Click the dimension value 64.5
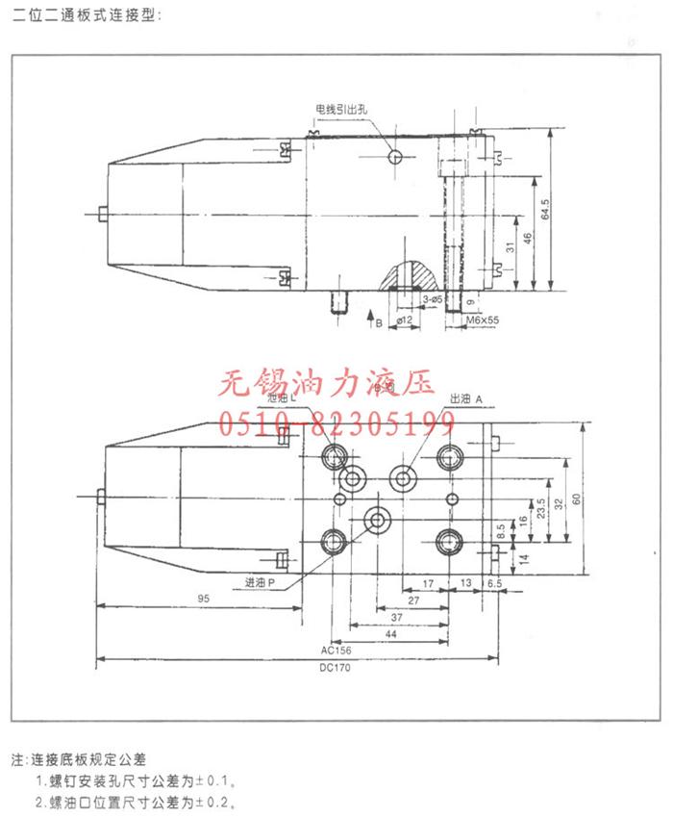tap(544, 210)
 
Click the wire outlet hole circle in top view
tap(396, 157)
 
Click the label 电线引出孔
tap(342, 109)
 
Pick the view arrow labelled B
tap(374, 320)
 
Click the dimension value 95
tap(204, 599)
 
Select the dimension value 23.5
tap(541, 507)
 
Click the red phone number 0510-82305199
tap(338, 421)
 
